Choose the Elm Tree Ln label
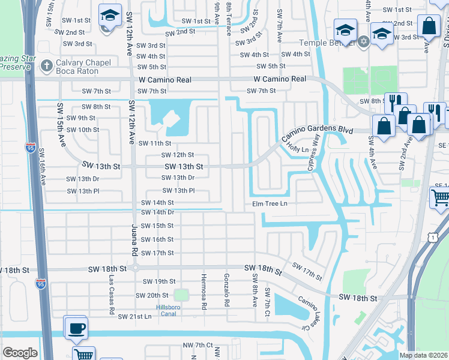tap(270, 204)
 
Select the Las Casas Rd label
tap(112, 295)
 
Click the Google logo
tap(20, 353)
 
